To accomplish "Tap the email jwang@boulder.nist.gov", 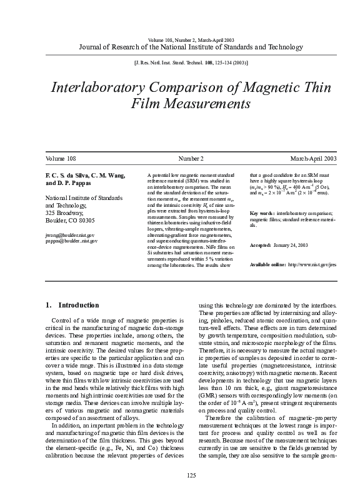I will [x=70, y=235].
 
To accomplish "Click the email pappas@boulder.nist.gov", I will [x=71, y=241].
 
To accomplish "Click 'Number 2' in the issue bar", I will [x=191, y=160].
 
